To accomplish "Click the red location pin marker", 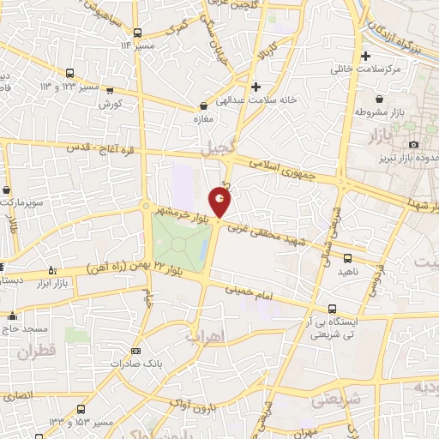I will (x=220, y=202).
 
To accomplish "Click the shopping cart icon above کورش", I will (x=118, y=90).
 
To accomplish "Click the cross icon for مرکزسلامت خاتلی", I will (x=366, y=57).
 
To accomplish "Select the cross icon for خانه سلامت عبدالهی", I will (x=256, y=87).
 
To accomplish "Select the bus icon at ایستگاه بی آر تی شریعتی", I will (x=333, y=309).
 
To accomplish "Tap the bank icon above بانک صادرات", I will (x=135, y=351).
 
